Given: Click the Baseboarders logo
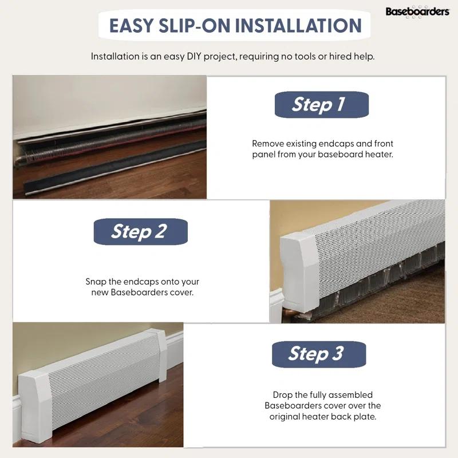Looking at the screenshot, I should [x=417, y=11].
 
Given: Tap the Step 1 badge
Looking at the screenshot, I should [x=321, y=104].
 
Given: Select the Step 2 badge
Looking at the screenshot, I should [x=140, y=231].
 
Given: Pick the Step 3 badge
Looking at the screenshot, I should [x=318, y=353].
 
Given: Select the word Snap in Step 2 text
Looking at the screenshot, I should [x=96, y=282].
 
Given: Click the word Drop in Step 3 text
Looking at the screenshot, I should [x=283, y=395].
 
